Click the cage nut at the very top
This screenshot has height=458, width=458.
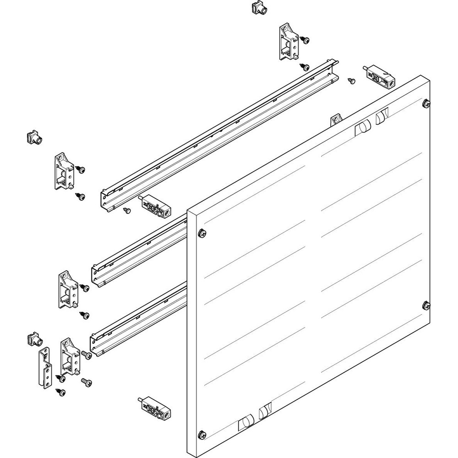[x=259, y=8]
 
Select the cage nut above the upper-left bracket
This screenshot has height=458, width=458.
[x=33, y=137]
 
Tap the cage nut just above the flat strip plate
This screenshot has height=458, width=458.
[x=33, y=339]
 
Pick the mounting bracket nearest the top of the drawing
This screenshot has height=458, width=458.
[x=288, y=43]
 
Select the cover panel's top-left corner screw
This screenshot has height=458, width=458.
[x=202, y=234]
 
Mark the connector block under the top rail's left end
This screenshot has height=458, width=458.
[x=154, y=206]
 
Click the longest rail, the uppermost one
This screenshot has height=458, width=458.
[x=220, y=133]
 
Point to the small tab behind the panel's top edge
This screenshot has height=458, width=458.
[x=336, y=120]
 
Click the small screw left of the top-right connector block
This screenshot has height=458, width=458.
[x=351, y=81]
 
